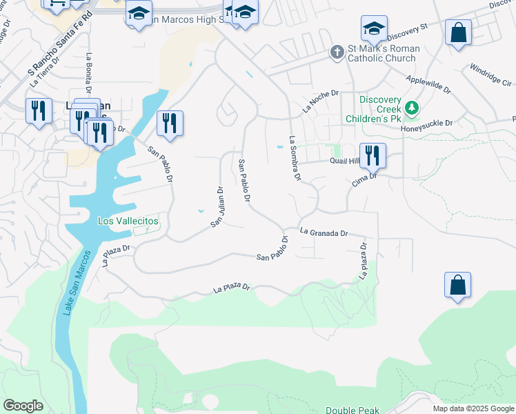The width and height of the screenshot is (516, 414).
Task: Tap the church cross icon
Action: click(337, 52)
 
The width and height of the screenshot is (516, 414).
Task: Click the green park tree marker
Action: click(412, 108)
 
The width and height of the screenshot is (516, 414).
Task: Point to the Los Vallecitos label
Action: click(128, 221)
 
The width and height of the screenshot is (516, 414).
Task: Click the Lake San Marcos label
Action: click(77, 283)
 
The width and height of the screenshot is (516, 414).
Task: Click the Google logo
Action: click(23, 406)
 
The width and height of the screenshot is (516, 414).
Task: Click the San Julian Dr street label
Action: click(217, 207)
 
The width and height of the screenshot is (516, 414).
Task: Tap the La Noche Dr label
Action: click(321, 101)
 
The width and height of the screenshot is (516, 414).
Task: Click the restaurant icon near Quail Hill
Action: click(373, 156)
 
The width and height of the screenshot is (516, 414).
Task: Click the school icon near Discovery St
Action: click(374, 29)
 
